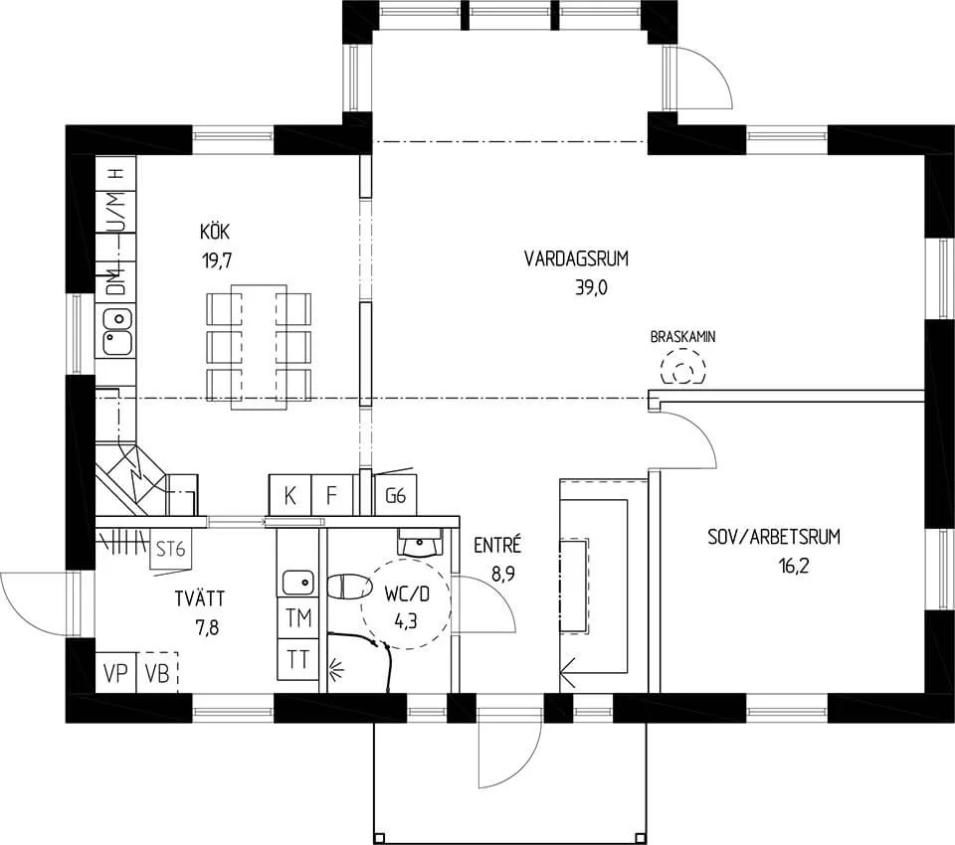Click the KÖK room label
click(x=215, y=232)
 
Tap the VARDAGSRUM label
click(x=576, y=258)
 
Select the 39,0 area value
click(x=591, y=288)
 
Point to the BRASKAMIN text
click(x=682, y=337)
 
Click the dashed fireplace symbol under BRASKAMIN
click(x=683, y=367)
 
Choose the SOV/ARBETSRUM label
click(x=774, y=537)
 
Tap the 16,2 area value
click(x=794, y=567)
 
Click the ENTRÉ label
click(x=497, y=545)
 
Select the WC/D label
click(x=406, y=593)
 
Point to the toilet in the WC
click(x=349, y=588)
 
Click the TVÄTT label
click(x=200, y=598)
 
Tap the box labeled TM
click(x=298, y=618)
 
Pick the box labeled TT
click(x=298, y=659)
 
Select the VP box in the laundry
click(x=115, y=673)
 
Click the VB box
click(x=157, y=673)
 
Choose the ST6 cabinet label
click(x=170, y=550)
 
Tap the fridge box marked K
click(x=289, y=495)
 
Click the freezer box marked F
click(x=332, y=495)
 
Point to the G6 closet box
click(x=395, y=495)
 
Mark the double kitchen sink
click(x=116, y=332)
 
